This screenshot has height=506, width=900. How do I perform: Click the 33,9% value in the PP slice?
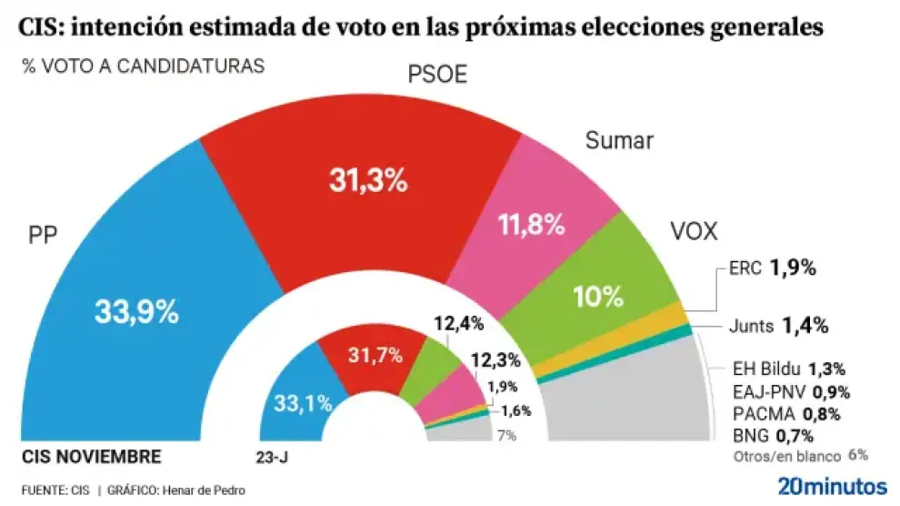136,312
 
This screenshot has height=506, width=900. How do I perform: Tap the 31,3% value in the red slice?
367,180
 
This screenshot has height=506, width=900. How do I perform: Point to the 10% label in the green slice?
597,296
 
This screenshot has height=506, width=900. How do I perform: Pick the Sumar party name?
620,141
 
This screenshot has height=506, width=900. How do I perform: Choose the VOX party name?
694,232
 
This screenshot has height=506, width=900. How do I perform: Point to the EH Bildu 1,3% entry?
789,369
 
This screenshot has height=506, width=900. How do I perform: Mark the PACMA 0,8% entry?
786,414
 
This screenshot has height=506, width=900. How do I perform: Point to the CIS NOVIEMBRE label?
91,457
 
